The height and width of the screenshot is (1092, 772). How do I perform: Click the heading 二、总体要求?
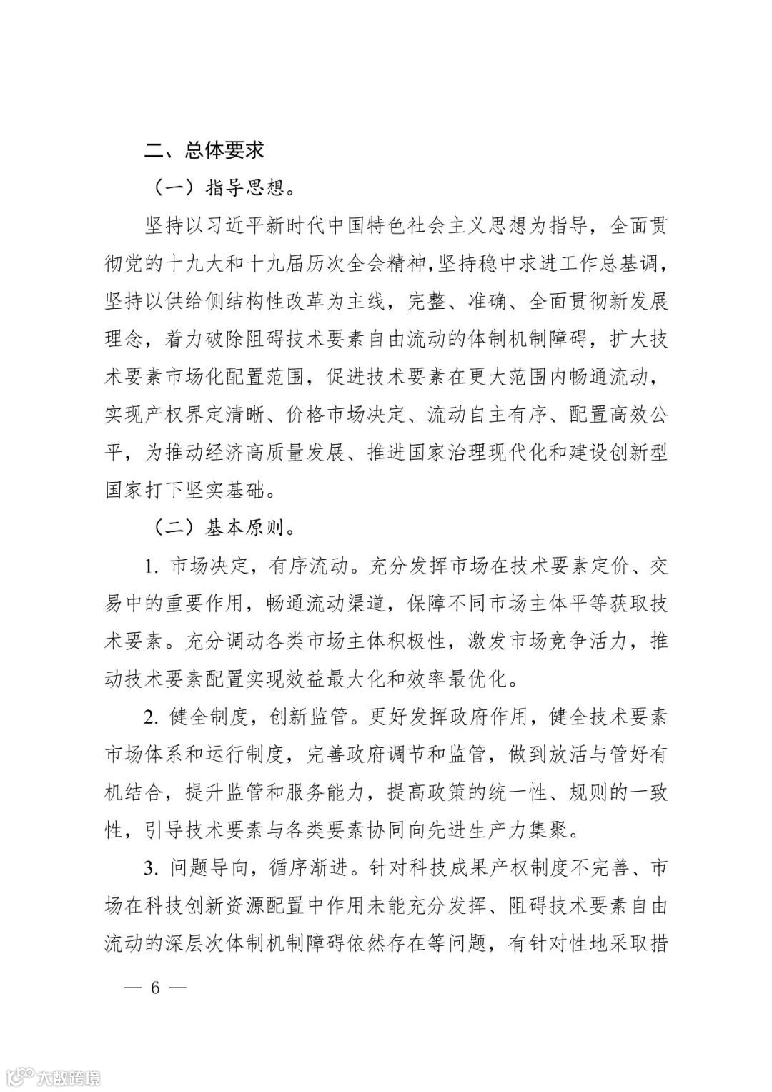pyautogui.click(x=204, y=151)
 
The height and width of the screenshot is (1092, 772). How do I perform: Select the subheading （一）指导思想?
pyautogui.click(x=224, y=189)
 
